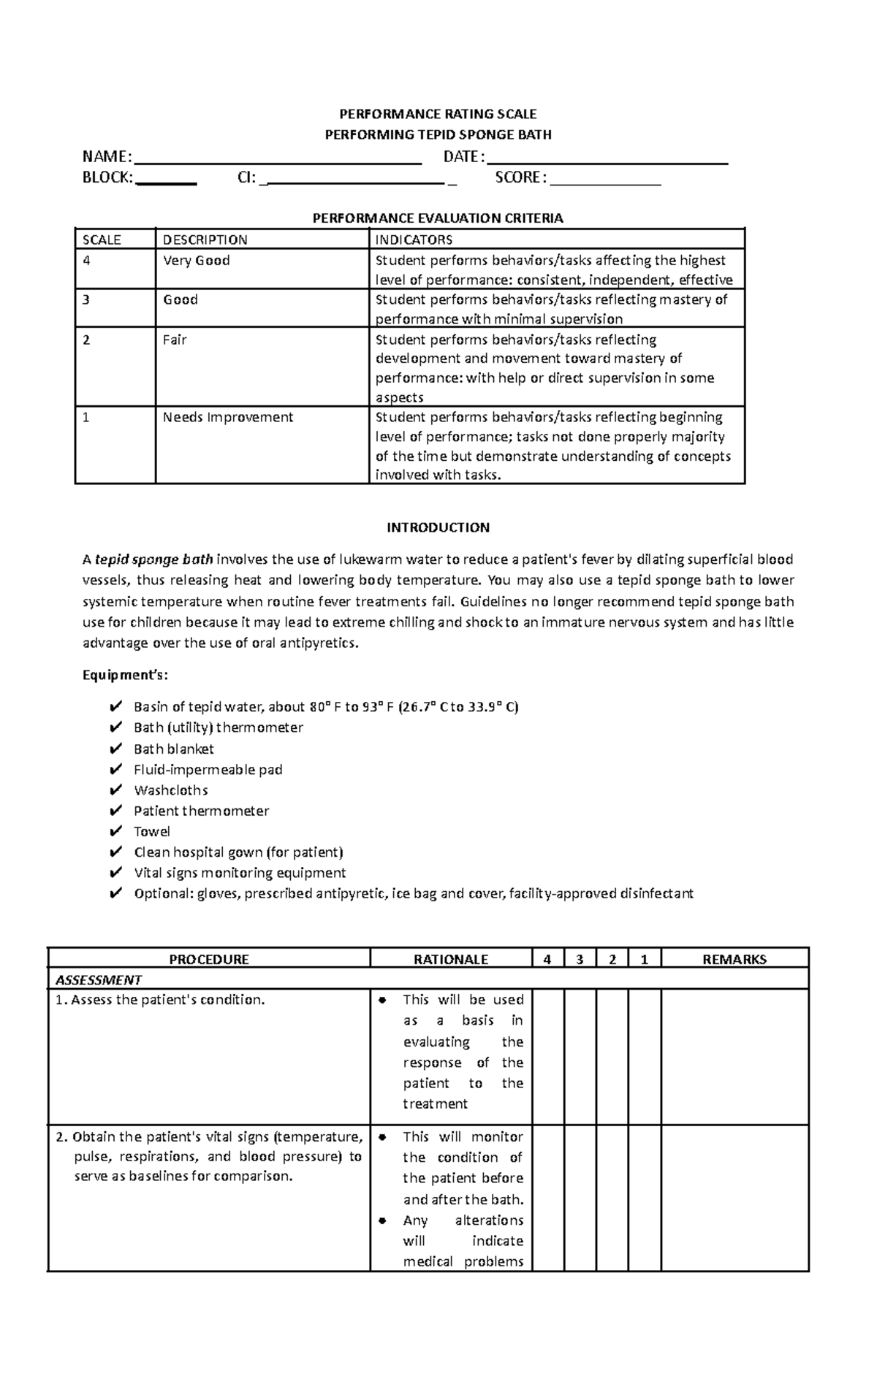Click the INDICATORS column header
[414, 240]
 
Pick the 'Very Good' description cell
[196, 261]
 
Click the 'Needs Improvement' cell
[227, 417]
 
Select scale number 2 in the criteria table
[86, 340]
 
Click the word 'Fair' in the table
[175, 340]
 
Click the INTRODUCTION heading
[438, 527]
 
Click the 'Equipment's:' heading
[125, 675]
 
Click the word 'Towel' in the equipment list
[152, 831]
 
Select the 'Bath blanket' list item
[174, 749]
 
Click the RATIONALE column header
[450, 959]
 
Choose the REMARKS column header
[734, 959]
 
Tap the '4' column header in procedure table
[547, 959]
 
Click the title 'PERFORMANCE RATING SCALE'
[438, 114]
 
